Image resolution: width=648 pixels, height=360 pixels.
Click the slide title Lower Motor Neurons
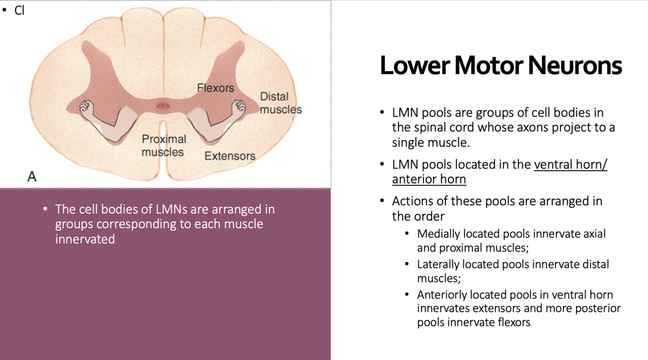[500, 66]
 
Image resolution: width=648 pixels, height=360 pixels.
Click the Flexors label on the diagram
[215, 88]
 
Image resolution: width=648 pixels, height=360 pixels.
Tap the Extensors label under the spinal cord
[230, 156]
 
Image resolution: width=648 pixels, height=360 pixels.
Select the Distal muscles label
[280, 103]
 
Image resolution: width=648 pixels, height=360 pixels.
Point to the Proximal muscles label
[163, 145]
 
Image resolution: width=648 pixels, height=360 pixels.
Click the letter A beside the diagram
[32, 176]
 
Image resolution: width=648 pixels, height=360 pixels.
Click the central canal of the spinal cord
[163, 105]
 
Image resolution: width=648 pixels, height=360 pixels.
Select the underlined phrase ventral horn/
[570, 164]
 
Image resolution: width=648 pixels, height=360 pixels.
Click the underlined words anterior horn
[429, 179]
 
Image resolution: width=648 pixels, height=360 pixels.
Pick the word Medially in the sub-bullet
[438, 234]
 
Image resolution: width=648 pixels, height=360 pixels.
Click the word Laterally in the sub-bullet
[438, 264]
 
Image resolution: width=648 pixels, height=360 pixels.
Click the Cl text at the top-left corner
[19, 10]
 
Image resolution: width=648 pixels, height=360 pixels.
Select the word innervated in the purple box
[85, 239]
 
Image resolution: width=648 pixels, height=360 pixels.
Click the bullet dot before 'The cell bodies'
[45, 209]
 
